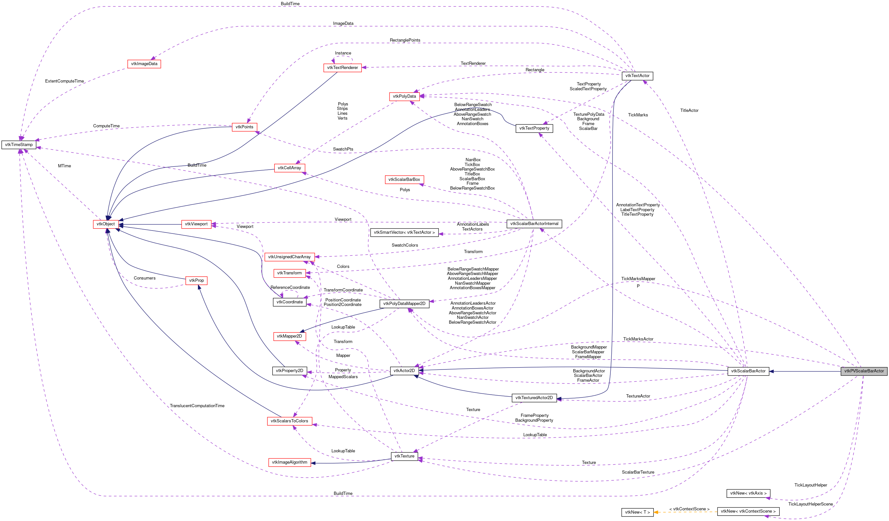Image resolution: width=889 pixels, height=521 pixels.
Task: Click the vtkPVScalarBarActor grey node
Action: click(864, 371)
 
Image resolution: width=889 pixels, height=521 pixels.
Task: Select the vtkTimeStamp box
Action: click(19, 145)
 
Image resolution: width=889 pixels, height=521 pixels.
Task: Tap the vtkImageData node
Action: click(144, 64)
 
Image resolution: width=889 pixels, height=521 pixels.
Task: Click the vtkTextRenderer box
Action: click(342, 68)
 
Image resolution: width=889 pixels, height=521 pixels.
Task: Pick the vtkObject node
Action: click(105, 224)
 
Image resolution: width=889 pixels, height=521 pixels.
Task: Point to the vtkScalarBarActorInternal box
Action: click(534, 224)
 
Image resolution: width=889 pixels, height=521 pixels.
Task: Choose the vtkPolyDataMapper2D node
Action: click(404, 304)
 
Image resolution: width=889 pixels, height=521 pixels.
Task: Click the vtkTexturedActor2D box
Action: click(534, 398)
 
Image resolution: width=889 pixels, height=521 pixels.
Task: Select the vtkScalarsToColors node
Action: click(289, 421)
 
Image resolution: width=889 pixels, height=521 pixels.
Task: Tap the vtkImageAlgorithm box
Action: click(289, 462)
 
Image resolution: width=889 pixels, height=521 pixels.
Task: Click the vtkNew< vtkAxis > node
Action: click(748, 494)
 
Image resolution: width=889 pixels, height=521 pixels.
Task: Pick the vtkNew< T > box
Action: click(637, 512)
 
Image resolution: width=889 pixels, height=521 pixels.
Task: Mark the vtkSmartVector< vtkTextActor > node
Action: click(404, 232)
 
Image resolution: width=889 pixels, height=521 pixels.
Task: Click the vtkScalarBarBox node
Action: click(404, 180)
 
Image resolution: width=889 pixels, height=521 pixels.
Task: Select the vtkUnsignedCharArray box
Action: click(289, 257)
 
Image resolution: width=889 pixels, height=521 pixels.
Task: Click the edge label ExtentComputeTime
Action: click(64, 81)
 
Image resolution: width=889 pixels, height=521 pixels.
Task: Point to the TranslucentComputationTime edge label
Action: click(197, 406)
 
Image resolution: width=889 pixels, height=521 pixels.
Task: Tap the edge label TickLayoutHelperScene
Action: click(810, 504)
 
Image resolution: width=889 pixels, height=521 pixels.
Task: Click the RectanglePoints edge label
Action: click(405, 40)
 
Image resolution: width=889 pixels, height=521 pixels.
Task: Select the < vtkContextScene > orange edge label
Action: click(689, 509)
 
